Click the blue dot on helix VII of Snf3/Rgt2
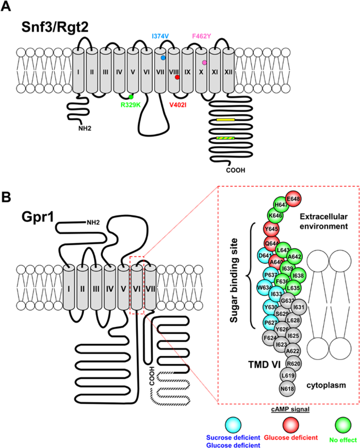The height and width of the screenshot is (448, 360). coord(163,58)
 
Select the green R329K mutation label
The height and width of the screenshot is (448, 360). coord(131,105)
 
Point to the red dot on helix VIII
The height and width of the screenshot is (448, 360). coord(177,78)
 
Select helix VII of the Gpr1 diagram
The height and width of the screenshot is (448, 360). coord(150,287)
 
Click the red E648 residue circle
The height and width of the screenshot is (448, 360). coord(294,199)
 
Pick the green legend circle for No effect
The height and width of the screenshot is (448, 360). coord(343,422)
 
